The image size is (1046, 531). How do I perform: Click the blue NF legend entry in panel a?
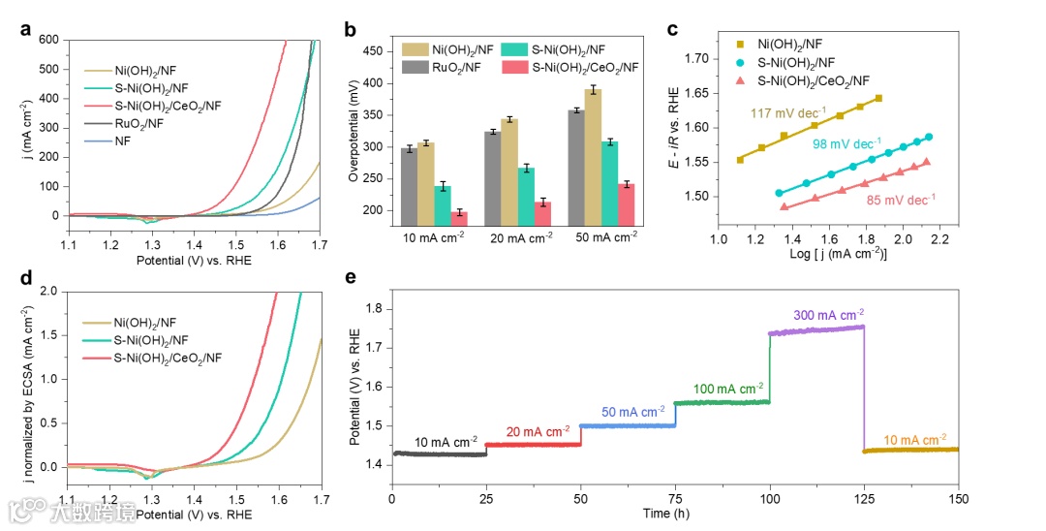123,141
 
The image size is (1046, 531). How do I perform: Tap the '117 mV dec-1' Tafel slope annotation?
788,113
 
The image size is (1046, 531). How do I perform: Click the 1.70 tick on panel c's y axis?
694,59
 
